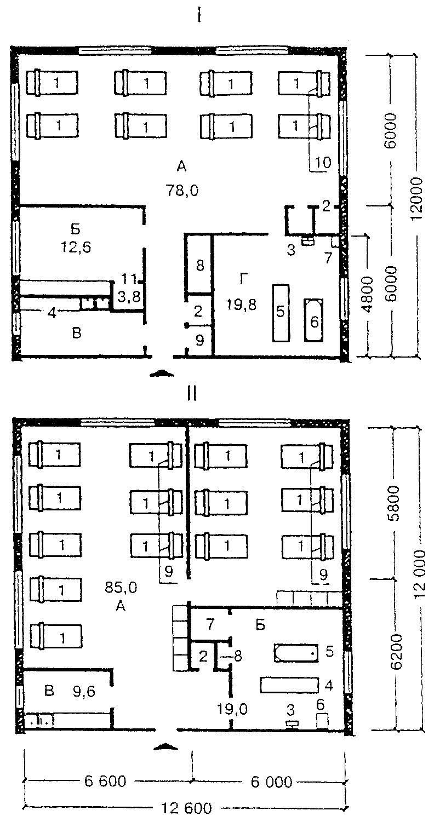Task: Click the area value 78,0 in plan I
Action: (x=182, y=191)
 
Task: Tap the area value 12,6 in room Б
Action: (x=76, y=247)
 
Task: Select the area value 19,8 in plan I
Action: (x=241, y=304)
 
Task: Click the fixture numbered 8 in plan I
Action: (x=199, y=265)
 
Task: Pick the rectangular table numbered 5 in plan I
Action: (x=281, y=313)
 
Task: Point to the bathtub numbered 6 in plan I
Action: (x=314, y=320)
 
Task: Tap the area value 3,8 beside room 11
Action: (x=129, y=296)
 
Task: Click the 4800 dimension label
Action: (x=367, y=294)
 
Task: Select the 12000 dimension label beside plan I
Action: (x=416, y=198)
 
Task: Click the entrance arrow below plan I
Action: (x=162, y=373)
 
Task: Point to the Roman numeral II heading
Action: (x=192, y=394)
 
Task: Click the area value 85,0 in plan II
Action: (x=121, y=588)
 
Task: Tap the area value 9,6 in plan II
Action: (x=84, y=691)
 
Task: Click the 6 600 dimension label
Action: (x=105, y=781)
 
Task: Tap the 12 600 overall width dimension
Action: (x=187, y=808)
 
